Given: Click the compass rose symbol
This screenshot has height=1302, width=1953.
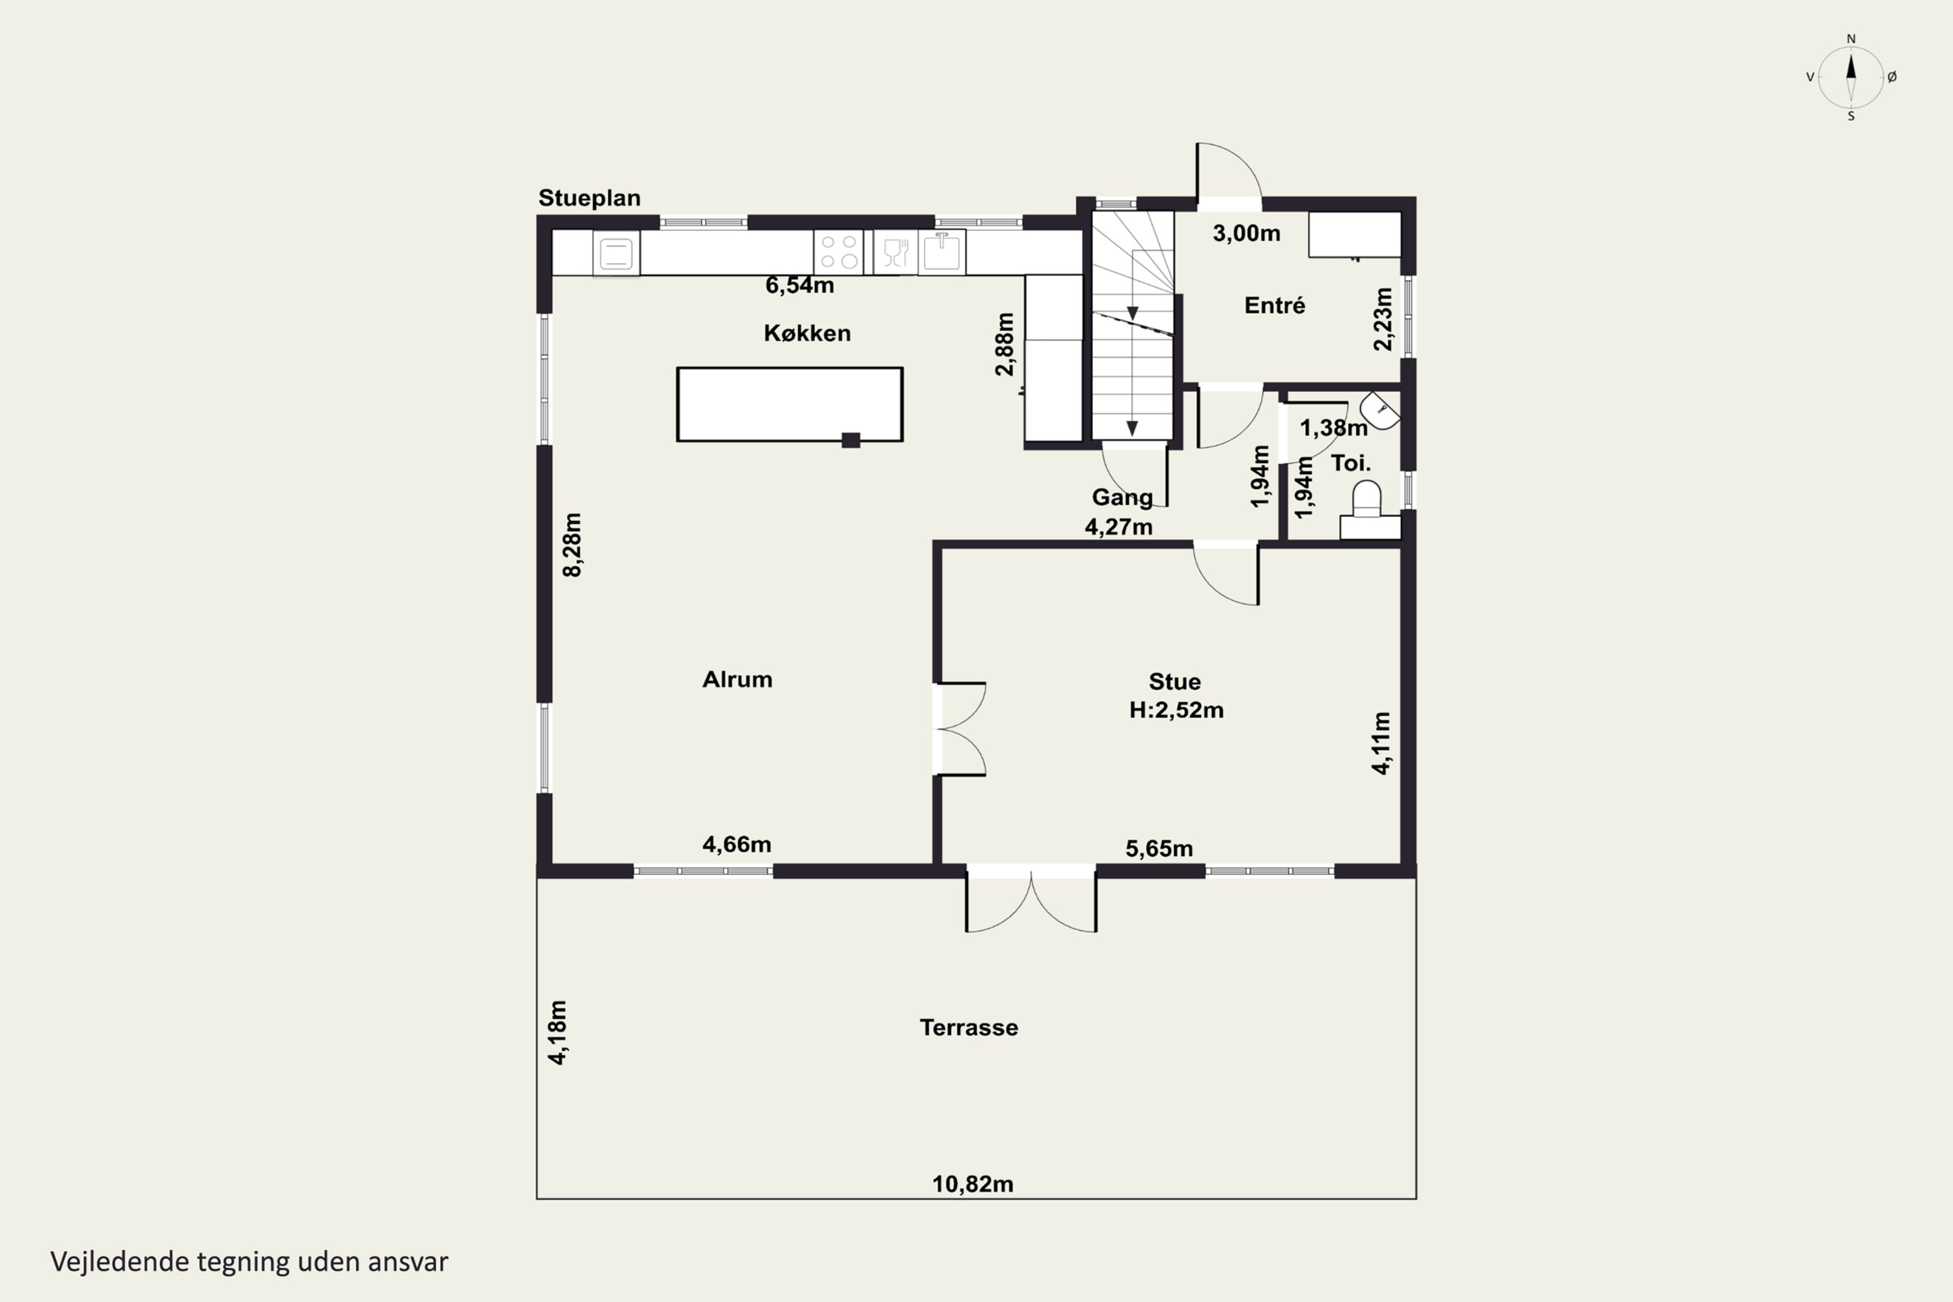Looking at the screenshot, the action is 1851,77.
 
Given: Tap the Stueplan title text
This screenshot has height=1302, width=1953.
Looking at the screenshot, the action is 590,198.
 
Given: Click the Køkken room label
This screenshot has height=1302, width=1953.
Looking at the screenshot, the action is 807,333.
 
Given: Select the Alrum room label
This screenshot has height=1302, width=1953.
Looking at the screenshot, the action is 738,679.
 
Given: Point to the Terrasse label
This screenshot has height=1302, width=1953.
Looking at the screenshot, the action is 969,1027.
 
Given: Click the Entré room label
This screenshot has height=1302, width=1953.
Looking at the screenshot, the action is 1275,305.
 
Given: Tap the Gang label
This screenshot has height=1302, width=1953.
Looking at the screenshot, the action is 1122,497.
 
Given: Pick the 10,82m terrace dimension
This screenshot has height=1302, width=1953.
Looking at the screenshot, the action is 973,1184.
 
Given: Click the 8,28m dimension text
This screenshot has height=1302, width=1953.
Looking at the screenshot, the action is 572,545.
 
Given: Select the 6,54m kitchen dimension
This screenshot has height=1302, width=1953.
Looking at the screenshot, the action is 799,285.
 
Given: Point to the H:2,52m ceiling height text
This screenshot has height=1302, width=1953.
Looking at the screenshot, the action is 1176,710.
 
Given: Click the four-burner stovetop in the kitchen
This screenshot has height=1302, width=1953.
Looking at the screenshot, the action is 838,253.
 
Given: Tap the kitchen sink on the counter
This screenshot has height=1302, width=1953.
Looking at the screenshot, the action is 941,251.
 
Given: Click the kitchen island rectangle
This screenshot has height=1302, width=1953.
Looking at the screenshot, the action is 790,404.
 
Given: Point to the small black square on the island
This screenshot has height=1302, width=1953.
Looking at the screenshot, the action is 851,440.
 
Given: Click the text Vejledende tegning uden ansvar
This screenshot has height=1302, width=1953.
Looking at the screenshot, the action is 249,1262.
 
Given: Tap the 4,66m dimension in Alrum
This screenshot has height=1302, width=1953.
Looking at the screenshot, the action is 736,844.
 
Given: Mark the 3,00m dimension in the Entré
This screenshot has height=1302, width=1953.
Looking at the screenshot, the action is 1247,233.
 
